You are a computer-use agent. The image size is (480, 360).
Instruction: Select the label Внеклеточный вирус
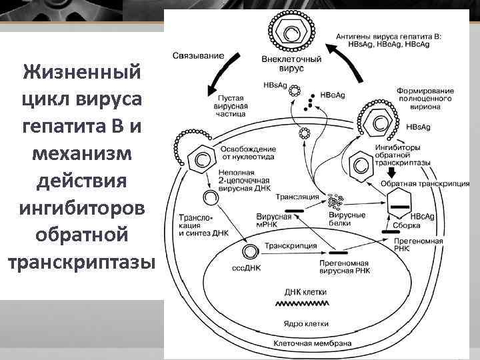[x=292, y=64]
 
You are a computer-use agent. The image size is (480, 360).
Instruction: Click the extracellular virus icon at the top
[x=291, y=30]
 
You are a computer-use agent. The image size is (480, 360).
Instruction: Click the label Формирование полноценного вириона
[x=425, y=98]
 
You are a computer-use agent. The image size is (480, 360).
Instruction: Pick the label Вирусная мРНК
[x=274, y=221]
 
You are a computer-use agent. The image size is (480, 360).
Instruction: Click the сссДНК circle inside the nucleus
[x=250, y=251]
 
